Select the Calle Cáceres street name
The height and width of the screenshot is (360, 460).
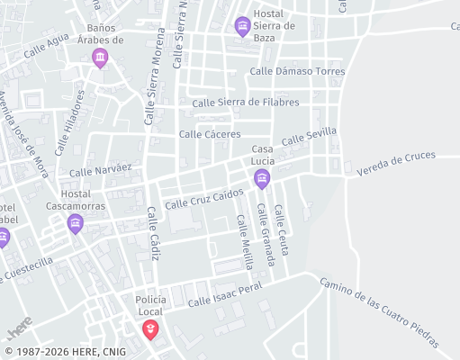(x=210, y=134)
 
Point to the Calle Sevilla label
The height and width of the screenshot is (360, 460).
(x=309, y=137)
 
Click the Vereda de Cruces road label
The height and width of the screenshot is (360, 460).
(x=395, y=163)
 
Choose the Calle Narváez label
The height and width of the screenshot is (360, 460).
(x=101, y=169)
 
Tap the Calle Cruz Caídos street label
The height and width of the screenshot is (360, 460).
(x=203, y=199)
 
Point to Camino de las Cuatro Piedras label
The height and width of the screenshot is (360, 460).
(x=379, y=312)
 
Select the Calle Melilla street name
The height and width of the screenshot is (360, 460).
(x=244, y=242)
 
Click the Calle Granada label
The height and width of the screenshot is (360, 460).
(x=266, y=234)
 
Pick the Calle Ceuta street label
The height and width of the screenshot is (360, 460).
(x=283, y=229)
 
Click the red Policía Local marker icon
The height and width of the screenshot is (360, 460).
(x=150, y=329)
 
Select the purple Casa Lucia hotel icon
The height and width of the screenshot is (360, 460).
(x=262, y=178)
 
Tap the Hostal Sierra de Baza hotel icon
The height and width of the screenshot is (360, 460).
(x=242, y=26)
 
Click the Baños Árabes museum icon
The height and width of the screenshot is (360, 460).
(x=100, y=59)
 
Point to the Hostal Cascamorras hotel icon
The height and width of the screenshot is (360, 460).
(x=75, y=224)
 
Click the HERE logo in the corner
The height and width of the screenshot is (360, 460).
(x=19, y=323)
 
